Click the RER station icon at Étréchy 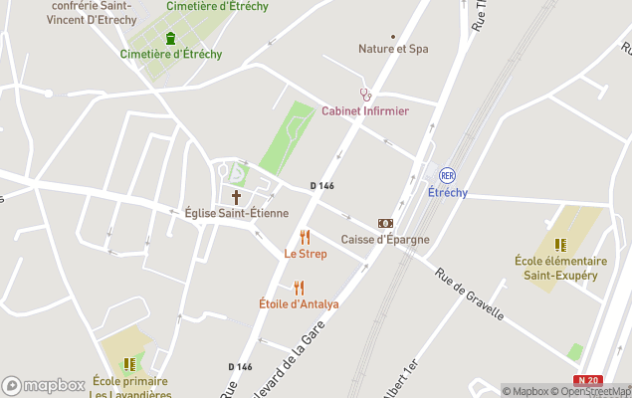pyautogui.click(x=448, y=175)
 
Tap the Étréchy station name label pyautogui.click(x=447, y=192)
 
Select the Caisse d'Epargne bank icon pyautogui.click(x=385, y=224)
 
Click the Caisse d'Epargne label pyautogui.click(x=385, y=240)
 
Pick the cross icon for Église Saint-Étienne pyautogui.click(x=236, y=197)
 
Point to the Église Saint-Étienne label pyautogui.click(x=237, y=213)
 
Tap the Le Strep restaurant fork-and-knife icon pyautogui.click(x=305, y=238)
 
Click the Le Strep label pyautogui.click(x=306, y=254)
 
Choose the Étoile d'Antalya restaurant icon pyautogui.click(x=299, y=289)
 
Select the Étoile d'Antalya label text pyautogui.click(x=299, y=304)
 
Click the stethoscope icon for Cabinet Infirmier pyautogui.click(x=365, y=95)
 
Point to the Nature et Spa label pyautogui.click(x=393, y=49)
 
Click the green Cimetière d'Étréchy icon pyautogui.click(x=170, y=39)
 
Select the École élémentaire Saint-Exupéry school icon pyautogui.click(x=561, y=244)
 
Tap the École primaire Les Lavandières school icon pyautogui.click(x=128, y=364)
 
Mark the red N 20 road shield pyautogui.click(x=588, y=381)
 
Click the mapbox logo pyautogui.click(x=44, y=385)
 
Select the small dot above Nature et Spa pyautogui.click(x=393, y=36)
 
